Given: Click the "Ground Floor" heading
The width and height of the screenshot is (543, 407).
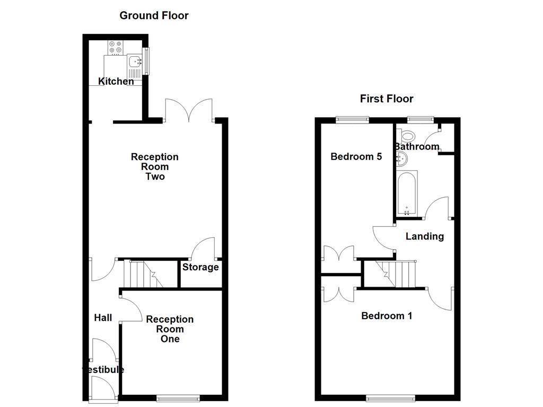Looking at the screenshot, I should click(154, 15).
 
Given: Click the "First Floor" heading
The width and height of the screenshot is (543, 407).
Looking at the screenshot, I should click(387, 99).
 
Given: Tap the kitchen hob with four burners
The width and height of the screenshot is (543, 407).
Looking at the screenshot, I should click(115, 48).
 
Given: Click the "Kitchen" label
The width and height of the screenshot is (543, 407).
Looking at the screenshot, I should click(116, 82).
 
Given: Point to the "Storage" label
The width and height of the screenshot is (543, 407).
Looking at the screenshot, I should click(200, 267).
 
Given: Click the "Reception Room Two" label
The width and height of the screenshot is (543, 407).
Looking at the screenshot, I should click(155, 166).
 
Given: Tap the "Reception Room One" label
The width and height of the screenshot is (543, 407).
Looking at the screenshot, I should click(170, 329).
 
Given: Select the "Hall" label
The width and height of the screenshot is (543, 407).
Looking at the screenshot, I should click(103, 318).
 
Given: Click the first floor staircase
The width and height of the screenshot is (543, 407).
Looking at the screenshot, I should click(396, 273).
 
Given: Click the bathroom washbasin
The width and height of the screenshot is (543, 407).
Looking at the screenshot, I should click(401, 157).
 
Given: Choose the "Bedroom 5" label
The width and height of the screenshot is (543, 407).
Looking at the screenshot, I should click(356, 156).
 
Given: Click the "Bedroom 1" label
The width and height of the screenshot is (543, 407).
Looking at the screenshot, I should click(387, 316).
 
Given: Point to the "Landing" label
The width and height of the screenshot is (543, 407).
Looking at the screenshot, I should click(425, 236).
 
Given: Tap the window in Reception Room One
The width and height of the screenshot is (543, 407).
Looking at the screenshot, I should click(178, 397).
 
